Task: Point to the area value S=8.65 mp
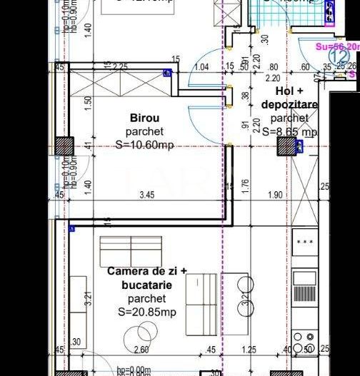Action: coord(289,132)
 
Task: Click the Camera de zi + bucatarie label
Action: coord(146,278)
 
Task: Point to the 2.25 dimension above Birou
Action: coord(119,67)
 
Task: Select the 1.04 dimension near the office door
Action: coord(202,67)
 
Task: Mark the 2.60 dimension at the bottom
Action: coord(141,350)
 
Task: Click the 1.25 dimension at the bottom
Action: coord(249,350)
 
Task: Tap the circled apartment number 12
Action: coord(339,54)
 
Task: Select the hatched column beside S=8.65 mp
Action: coord(288,147)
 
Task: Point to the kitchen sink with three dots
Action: coord(305,243)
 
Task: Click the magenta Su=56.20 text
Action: coord(333,46)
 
